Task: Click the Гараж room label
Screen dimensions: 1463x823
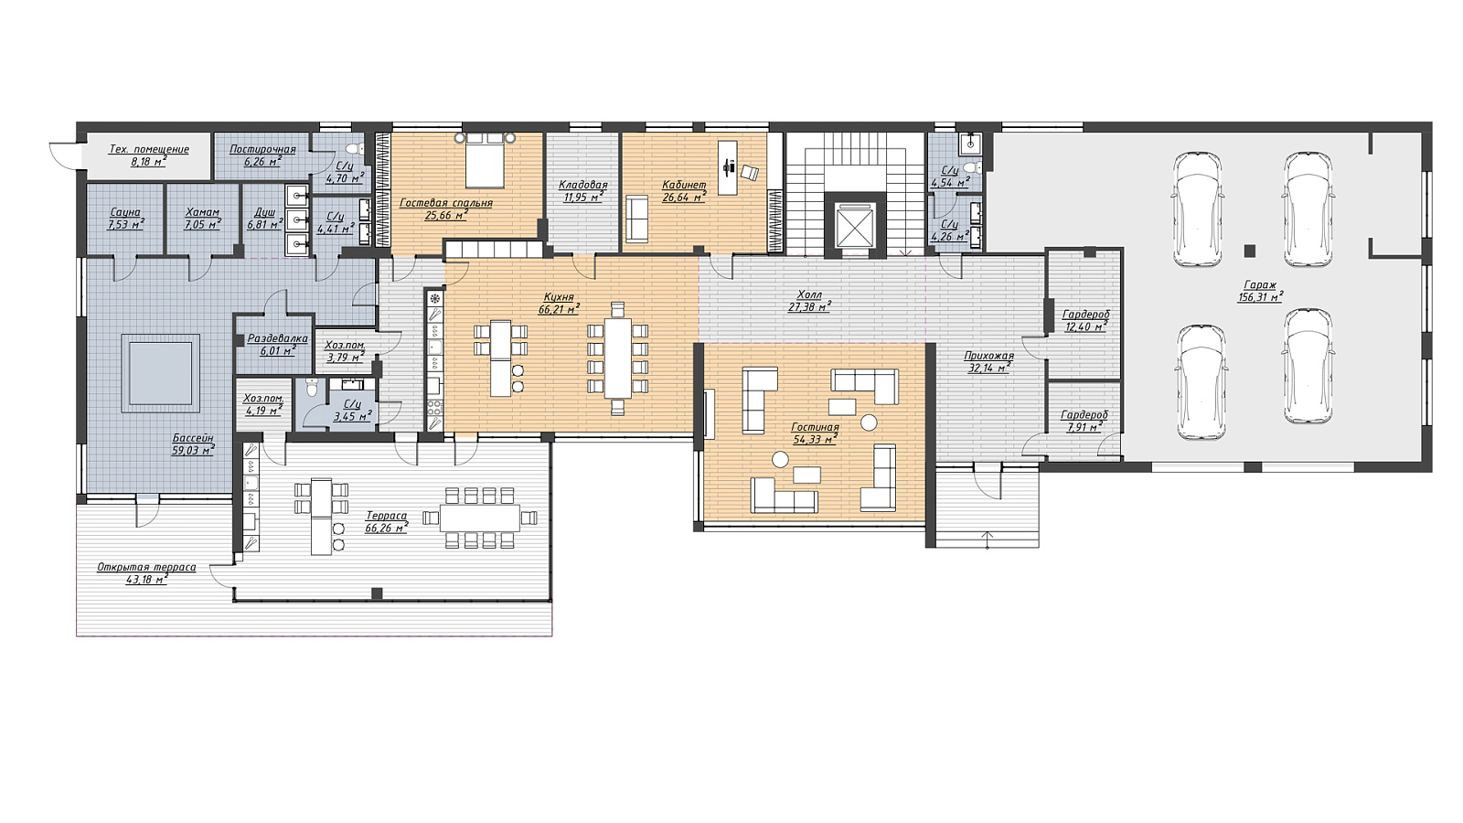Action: click(1260, 285)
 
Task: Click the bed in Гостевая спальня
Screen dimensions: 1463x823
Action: click(484, 161)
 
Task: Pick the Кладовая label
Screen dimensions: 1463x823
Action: click(582, 185)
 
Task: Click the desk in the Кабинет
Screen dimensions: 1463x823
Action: click(728, 167)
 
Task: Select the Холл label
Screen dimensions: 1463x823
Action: click(809, 294)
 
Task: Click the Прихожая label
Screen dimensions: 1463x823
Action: click(988, 356)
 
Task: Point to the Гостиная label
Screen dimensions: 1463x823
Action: click(815, 427)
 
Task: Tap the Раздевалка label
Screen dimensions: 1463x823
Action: click(278, 338)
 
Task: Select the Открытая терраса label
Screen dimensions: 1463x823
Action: click(146, 567)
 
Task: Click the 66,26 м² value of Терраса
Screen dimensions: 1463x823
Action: click(387, 528)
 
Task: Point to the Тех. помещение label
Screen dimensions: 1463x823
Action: click(149, 149)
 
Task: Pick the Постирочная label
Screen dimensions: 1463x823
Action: click(262, 149)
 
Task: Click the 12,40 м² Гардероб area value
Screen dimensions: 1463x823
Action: click(1085, 326)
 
